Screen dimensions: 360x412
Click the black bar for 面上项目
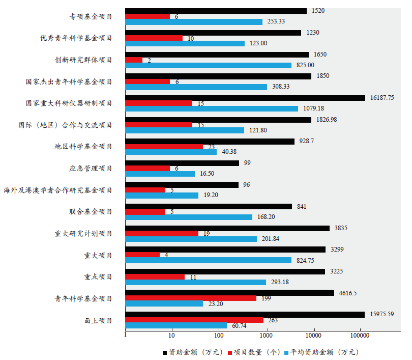pyautogui.click(x=244, y=315)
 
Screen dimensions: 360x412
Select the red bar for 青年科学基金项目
pyautogui.click(x=190, y=298)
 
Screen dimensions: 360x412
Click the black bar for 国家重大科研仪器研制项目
pyautogui.click(x=245, y=98)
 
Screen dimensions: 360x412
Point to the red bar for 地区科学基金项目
pyautogui.click(x=163, y=147)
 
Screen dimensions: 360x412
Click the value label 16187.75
pyautogui.click(x=383, y=98)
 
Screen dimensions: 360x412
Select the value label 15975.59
pyautogui.click(x=382, y=315)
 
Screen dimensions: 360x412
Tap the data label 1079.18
pyautogui.click(x=314, y=108)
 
